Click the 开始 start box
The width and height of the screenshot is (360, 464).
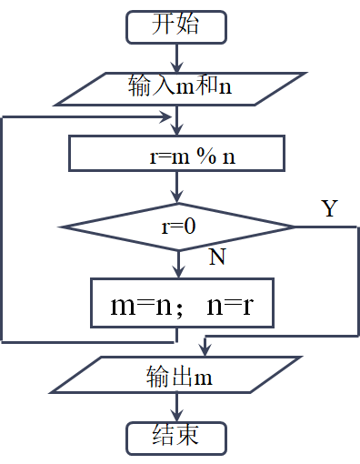(x=175, y=25)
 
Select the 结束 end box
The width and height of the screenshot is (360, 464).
(x=175, y=438)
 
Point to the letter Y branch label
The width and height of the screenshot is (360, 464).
(x=330, y=208)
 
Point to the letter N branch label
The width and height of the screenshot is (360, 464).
(x=217, y=257)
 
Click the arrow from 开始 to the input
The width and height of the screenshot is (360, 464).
(x=176, y=58)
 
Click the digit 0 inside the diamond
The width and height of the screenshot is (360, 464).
(x=190, y=226)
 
